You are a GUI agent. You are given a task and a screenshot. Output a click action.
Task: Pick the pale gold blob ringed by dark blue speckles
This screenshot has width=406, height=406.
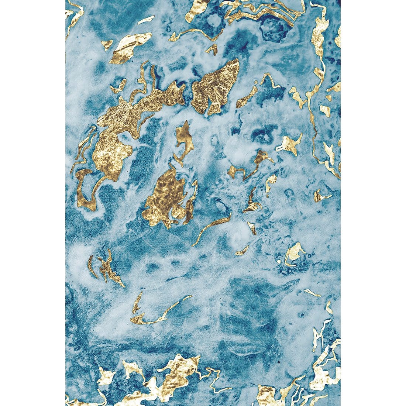[293, 253]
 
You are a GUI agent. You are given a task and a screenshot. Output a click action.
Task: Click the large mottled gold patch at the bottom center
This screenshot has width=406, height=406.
[177, 373]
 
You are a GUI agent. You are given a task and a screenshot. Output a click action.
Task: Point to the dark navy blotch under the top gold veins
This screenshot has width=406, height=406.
[271, 28]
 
